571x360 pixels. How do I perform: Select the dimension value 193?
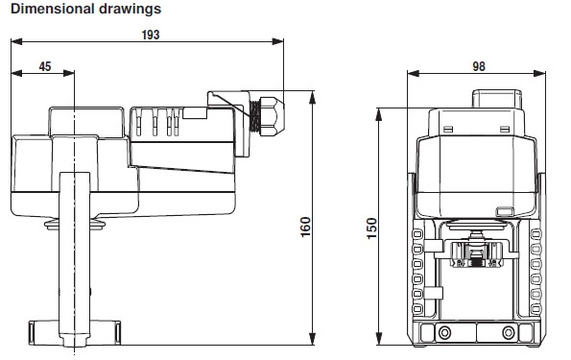tap(148, 34)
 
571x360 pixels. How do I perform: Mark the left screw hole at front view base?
tap(442, 332)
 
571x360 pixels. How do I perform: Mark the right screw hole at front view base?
tap(509, 332)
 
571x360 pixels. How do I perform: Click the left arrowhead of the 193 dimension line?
tap(14, 41)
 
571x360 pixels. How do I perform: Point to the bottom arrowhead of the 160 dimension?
tap(314, 342)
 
